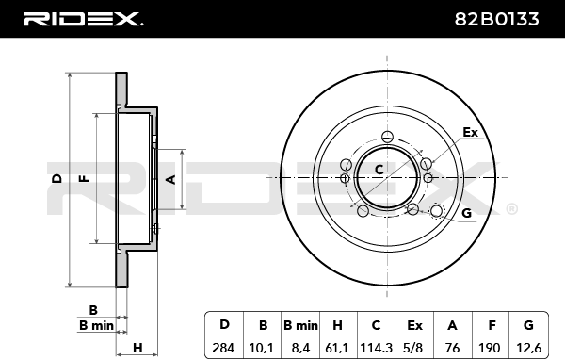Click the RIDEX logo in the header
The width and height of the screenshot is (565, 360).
tap(84, 19)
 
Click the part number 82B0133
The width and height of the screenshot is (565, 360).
tap(496, 19)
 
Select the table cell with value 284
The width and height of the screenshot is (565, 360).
tap(223, 348)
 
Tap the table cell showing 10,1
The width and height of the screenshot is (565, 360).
tap(261, 348)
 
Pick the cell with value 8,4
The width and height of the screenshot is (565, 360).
tap(300, 348)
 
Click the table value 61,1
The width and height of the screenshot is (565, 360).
tap(337, 348)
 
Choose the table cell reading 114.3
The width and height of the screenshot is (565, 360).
tap(376, 348)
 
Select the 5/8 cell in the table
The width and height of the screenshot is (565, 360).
tap(413, 348)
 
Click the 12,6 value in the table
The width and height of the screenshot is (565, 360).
tap(528, 348)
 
